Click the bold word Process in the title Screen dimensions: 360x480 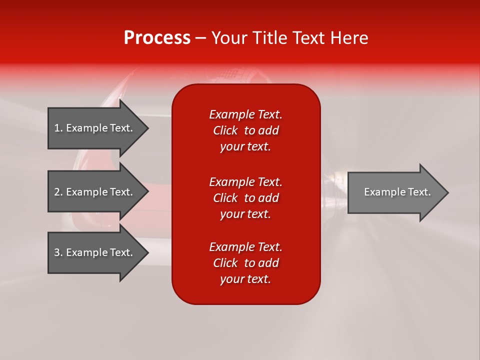click(157, 38)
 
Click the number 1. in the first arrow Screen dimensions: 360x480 click(58, 128)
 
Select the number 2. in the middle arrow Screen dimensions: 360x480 click(58, 192)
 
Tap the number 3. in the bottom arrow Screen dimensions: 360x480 click(58, 252)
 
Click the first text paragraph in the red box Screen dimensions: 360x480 click(245, 130)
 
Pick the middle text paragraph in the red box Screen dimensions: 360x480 click(245, 198)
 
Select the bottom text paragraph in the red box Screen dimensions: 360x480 click(245, 263)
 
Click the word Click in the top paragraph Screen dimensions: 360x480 click(225, 130)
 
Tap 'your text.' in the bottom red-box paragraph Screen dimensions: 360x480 click(245, 279)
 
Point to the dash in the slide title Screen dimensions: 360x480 click(200, 38)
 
